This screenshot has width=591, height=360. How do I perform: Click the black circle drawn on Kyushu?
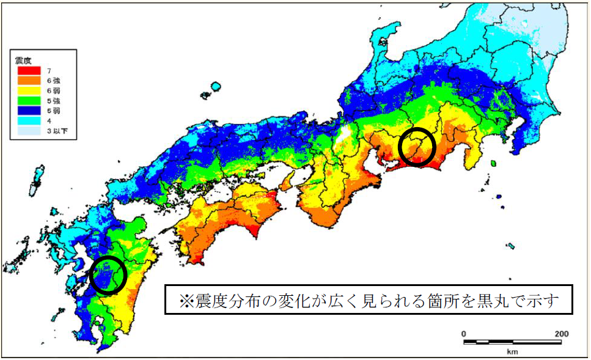point(108,276)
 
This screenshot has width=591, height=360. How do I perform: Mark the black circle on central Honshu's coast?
point(417,147)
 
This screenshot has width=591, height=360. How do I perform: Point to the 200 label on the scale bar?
point(562,334)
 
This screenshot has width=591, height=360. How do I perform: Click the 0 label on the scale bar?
point(463,334)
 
